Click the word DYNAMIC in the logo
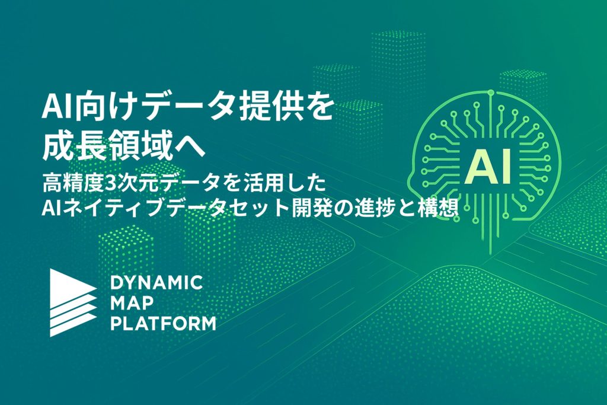click(156, 283)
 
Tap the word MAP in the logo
click(132, 303)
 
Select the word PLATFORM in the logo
click(163, 324)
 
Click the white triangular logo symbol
click(73, 302)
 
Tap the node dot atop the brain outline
click(491, 93)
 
